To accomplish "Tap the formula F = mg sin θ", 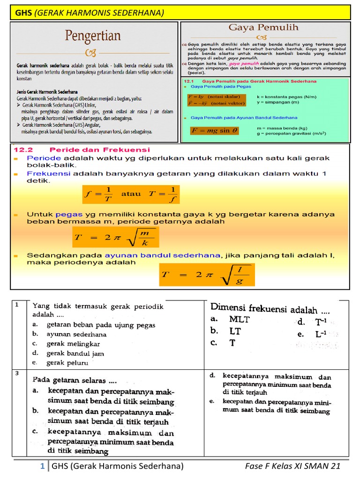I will tap(215, 130).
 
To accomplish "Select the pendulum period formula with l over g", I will tap(207, 274).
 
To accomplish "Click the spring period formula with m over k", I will tap(115, 238).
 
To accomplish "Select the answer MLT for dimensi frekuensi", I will tap(239, 319).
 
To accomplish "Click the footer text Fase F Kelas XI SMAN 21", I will tap(292, 466).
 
